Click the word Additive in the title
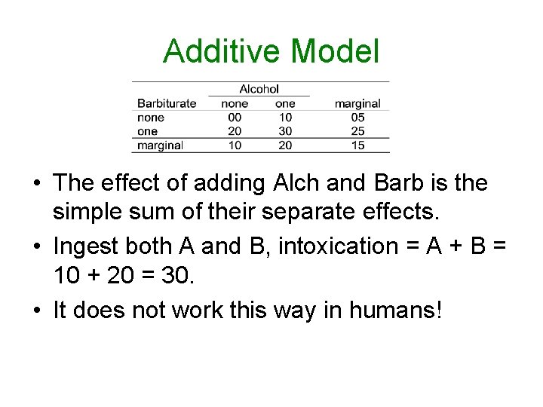click(x=223, y=51)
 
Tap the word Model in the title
click(x=335, y=51)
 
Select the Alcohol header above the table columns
click(x=259, y=89)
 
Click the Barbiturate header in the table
click(x=167, y=103)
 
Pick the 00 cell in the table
click(x=235, y=118)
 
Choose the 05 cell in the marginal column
click(x=357, y=118)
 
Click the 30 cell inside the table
click(x=285, y=131)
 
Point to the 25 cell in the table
click(x=357, y=131)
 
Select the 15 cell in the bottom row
click(x=357, y=145)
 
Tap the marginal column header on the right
click(x=357, y=103)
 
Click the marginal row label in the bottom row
click(x=160, y=145)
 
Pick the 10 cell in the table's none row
click(x=285, y=118)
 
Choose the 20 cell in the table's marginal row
click(x=285, y=145)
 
